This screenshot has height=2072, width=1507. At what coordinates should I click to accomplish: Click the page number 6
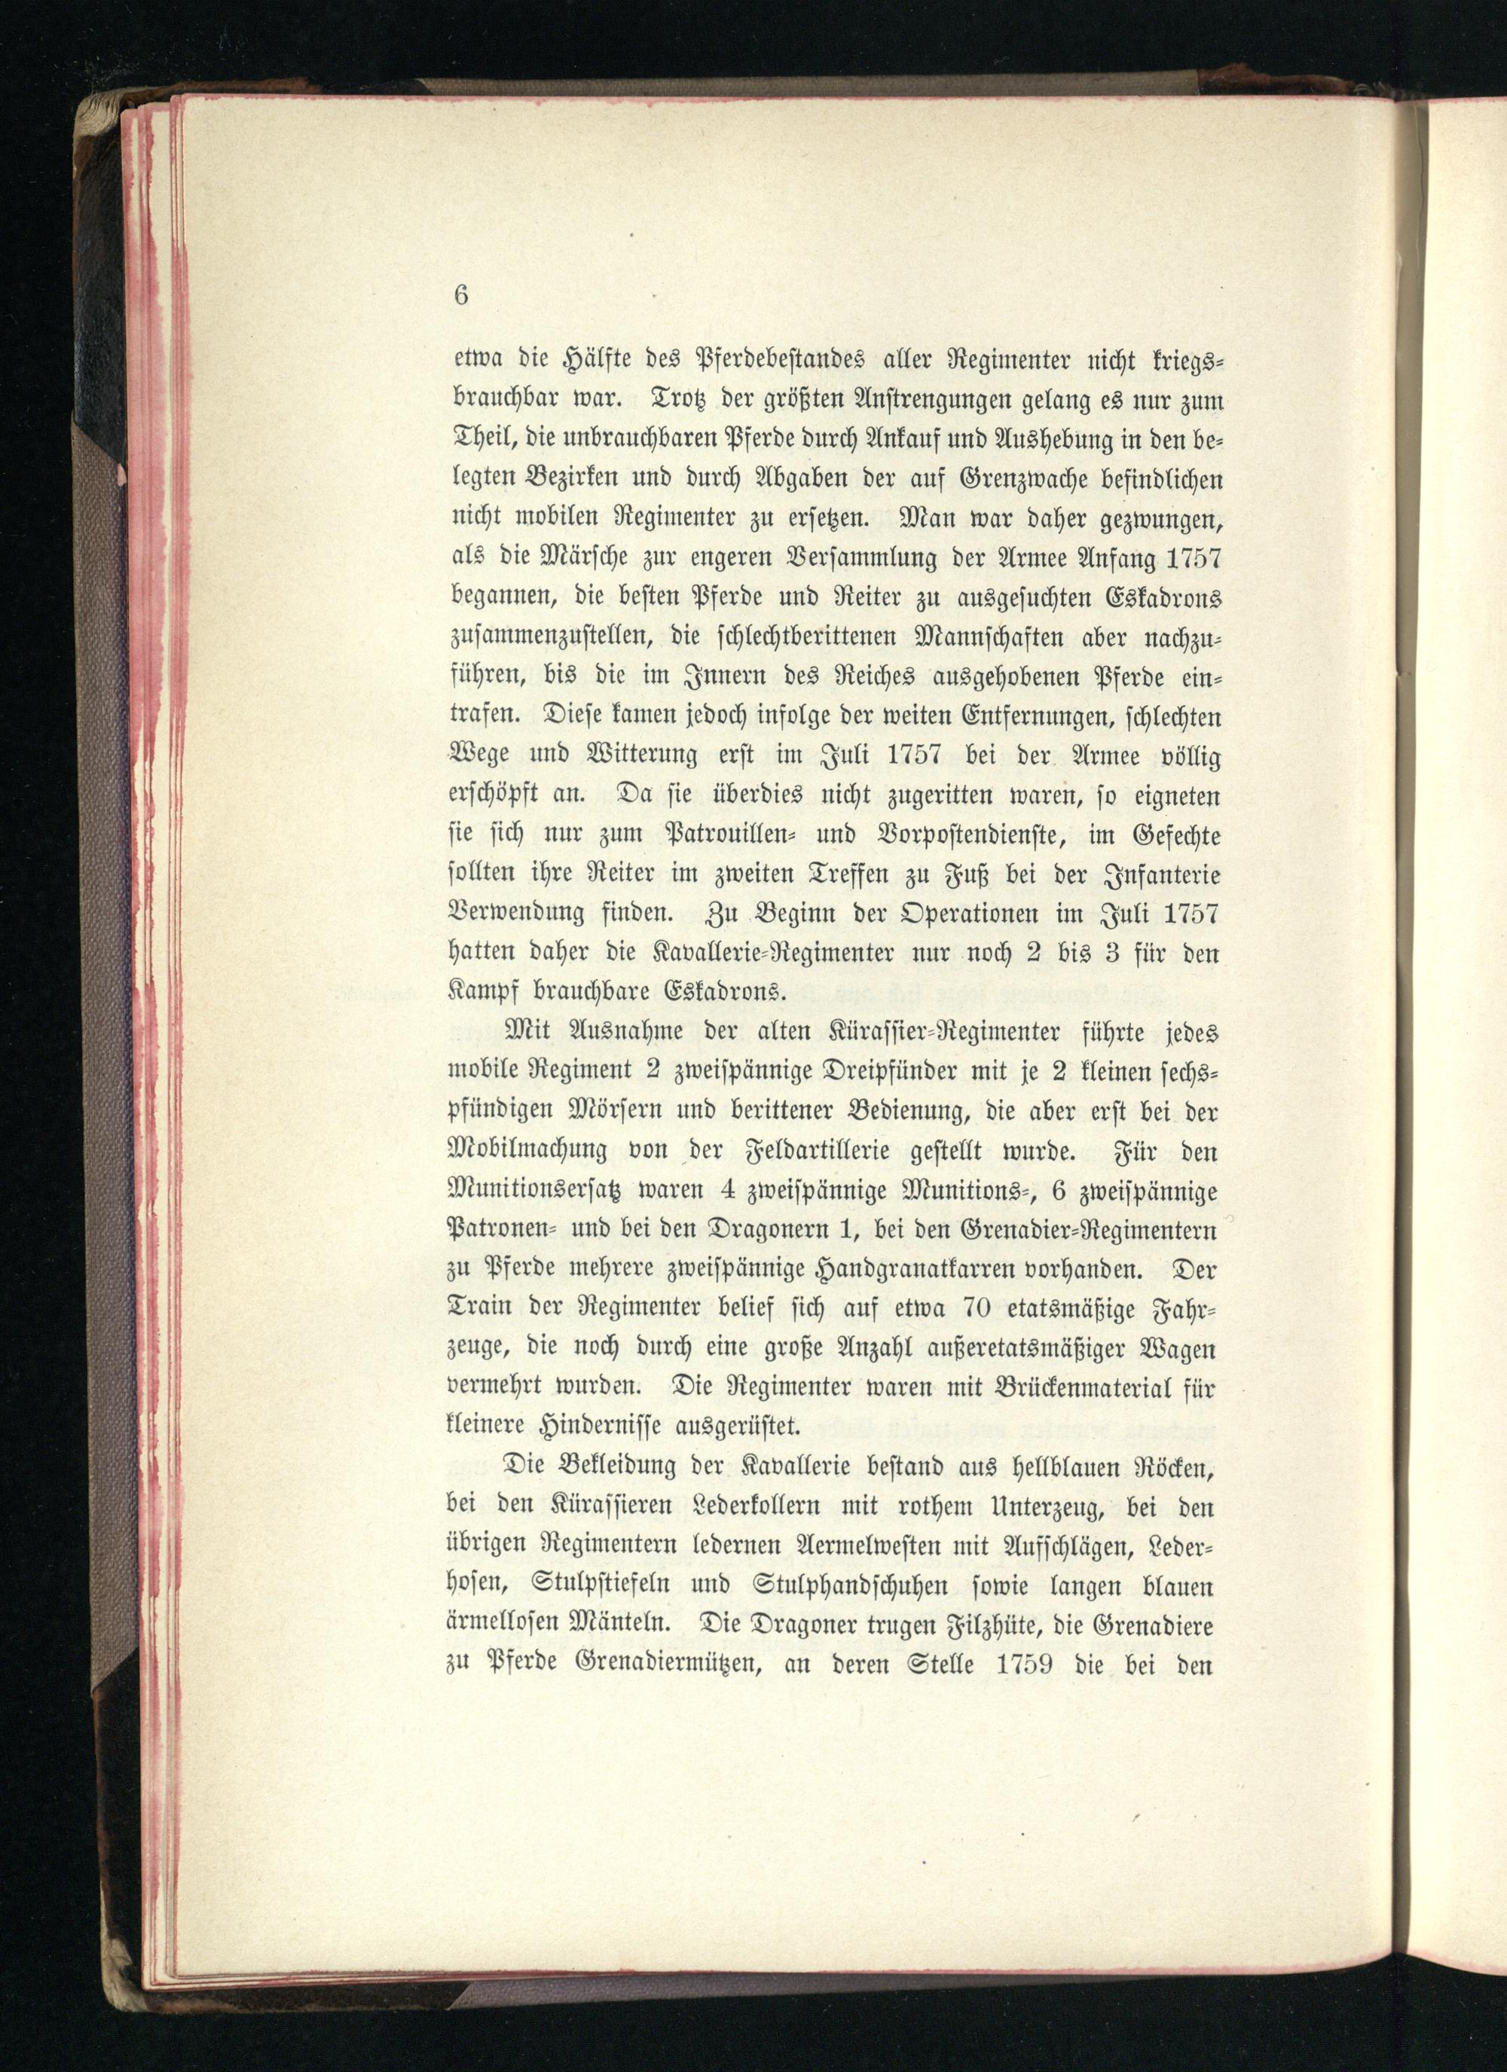pos(460,295)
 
